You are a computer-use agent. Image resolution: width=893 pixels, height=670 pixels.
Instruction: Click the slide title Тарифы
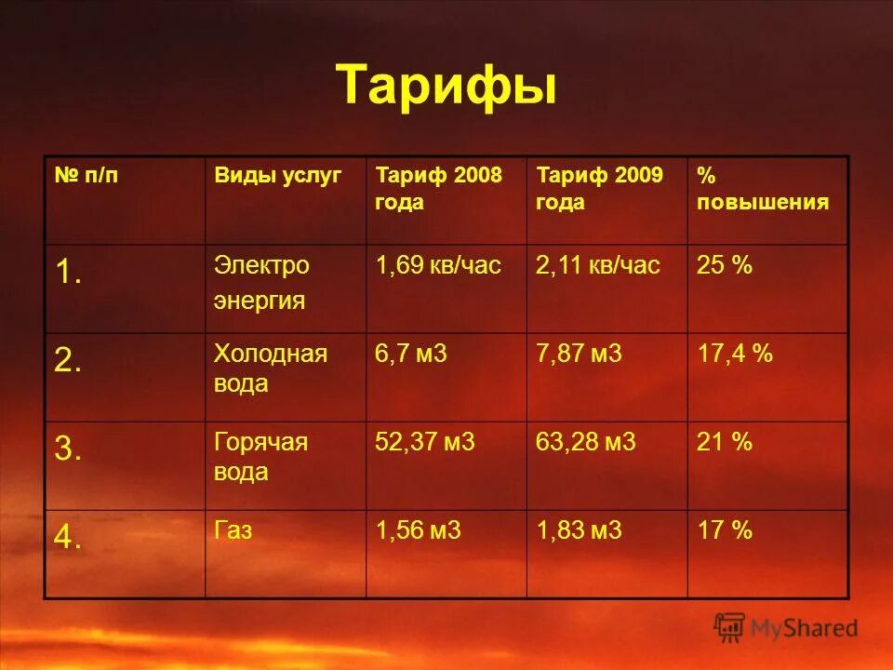pos(446,87)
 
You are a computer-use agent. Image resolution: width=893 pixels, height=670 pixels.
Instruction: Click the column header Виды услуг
pos(278,175)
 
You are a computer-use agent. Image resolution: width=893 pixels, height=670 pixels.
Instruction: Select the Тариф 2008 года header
pos(438,189)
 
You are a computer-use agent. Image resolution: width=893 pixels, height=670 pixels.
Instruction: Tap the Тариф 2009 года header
pos(599,189)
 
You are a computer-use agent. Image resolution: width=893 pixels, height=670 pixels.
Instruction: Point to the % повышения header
pos(762,189)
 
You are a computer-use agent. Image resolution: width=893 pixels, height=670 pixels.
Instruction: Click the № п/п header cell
pos(87,175)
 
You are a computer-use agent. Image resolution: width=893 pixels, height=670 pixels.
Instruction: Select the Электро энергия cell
pos(261,283)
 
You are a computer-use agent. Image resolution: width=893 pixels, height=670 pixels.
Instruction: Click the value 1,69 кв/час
pos(438,266)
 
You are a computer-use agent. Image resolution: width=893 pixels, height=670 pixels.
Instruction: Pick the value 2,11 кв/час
pos(597,266)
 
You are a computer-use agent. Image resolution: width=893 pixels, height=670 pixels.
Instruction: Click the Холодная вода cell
pos(271,368)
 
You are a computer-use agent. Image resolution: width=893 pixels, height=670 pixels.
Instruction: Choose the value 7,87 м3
pos(579,355)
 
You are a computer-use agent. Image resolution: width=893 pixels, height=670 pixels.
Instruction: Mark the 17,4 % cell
pos(735,355)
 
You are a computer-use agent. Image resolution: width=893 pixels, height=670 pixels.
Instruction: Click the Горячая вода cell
pos(261,457)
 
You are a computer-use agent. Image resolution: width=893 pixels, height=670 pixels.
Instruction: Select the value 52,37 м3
pos(424,443)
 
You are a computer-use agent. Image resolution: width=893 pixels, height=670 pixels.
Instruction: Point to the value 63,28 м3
pos(585,443)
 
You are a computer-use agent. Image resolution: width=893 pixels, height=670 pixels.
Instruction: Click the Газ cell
pos(233,531)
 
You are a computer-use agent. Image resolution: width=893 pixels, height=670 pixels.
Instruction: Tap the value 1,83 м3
pos(579,531)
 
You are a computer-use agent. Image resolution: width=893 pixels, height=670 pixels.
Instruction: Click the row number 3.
pos(68,450)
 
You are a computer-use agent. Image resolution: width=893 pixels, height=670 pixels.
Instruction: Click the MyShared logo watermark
pos(786,628)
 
